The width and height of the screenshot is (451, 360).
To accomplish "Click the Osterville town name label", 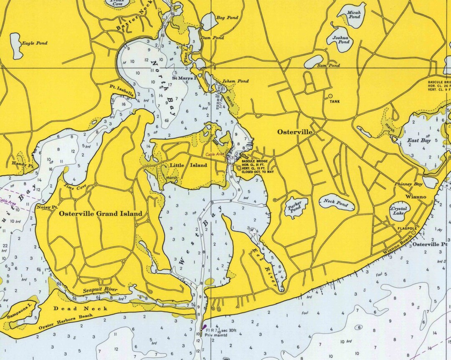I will tap(295, 132).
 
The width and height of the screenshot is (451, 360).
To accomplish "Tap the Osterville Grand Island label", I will tap(101, 214).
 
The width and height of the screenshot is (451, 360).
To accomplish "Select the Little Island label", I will tap(188, 165).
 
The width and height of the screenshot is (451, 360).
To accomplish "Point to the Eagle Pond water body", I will tap(17, 46).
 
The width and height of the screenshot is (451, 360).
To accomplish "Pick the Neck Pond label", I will tap(336, 202).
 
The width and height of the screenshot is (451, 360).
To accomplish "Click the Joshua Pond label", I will tap(340, 40).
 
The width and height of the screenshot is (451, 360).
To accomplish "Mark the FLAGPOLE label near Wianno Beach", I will tap(407, 228).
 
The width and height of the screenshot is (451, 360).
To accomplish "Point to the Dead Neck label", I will tap(81, 309).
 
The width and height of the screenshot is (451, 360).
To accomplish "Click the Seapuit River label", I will tap(100, 290).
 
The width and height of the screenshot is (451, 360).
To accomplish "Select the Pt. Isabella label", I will tap(122, 91).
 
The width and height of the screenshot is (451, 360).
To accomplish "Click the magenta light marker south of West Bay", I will tap(204, 328).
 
